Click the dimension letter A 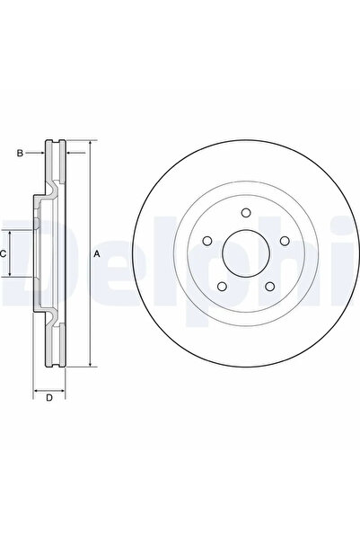coord(97,255)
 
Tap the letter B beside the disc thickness coord(19,153)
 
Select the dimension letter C coord(4,254)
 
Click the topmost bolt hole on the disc coord(244,214)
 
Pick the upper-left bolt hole coord(206,241)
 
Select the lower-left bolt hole coord(221,286)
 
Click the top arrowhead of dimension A coord(90,146)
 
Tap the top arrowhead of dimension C coord(12,231)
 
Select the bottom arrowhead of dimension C coord(12,278)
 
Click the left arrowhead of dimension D coord(36,392)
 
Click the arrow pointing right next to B coord(40,153)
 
